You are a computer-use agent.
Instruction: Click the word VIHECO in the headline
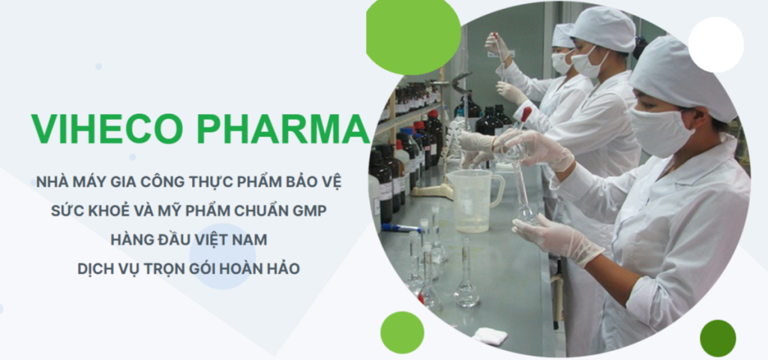pos(106,129)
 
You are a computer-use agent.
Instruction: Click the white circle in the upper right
pos(715,44)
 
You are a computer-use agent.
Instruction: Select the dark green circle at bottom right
pos(718,338)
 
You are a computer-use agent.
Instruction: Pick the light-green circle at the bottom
pos(402,332)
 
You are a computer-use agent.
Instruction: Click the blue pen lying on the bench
pos(400,228)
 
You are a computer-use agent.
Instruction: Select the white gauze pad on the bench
pos(490,335)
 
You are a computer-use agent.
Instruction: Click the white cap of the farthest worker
pos(563,36)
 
